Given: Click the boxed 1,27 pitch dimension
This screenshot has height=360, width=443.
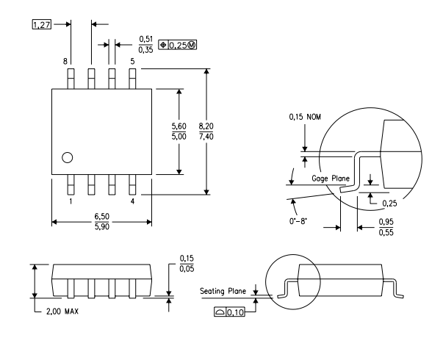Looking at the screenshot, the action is [42, 24].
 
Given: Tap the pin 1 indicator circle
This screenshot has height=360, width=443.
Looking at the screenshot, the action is [68, 158].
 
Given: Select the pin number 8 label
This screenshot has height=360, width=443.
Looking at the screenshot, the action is [65, 61].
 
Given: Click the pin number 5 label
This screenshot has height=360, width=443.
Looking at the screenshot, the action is [132, 61].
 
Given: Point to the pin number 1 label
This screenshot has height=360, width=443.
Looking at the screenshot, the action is [71, 201].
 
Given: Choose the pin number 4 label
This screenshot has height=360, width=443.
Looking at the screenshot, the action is [132, 201].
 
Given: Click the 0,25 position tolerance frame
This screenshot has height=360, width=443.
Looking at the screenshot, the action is [178, 45].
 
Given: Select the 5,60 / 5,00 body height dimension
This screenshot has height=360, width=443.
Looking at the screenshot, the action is [179, 132].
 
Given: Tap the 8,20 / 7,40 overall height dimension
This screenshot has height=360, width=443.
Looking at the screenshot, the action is [206, 132].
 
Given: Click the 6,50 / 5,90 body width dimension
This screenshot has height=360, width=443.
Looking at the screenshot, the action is [101, 222].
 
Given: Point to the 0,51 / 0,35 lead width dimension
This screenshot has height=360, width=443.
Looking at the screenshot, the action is [145, 45].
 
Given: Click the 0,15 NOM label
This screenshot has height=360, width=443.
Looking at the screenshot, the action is [305, 117].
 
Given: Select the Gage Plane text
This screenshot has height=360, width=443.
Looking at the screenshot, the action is [331, 179].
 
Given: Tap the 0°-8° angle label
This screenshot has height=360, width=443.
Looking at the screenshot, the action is [298, 221].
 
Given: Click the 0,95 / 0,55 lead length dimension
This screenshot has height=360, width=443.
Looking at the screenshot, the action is [386, 227].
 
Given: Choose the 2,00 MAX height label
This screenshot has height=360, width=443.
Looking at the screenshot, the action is [62, 312].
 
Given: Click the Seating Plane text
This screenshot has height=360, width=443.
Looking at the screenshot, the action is [223, 291].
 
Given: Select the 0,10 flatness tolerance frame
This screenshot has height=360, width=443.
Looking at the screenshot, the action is [229, 312].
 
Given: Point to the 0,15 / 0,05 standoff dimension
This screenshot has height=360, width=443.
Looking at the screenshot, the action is [187, 264].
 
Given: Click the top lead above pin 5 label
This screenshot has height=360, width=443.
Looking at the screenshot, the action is [132, 79].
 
